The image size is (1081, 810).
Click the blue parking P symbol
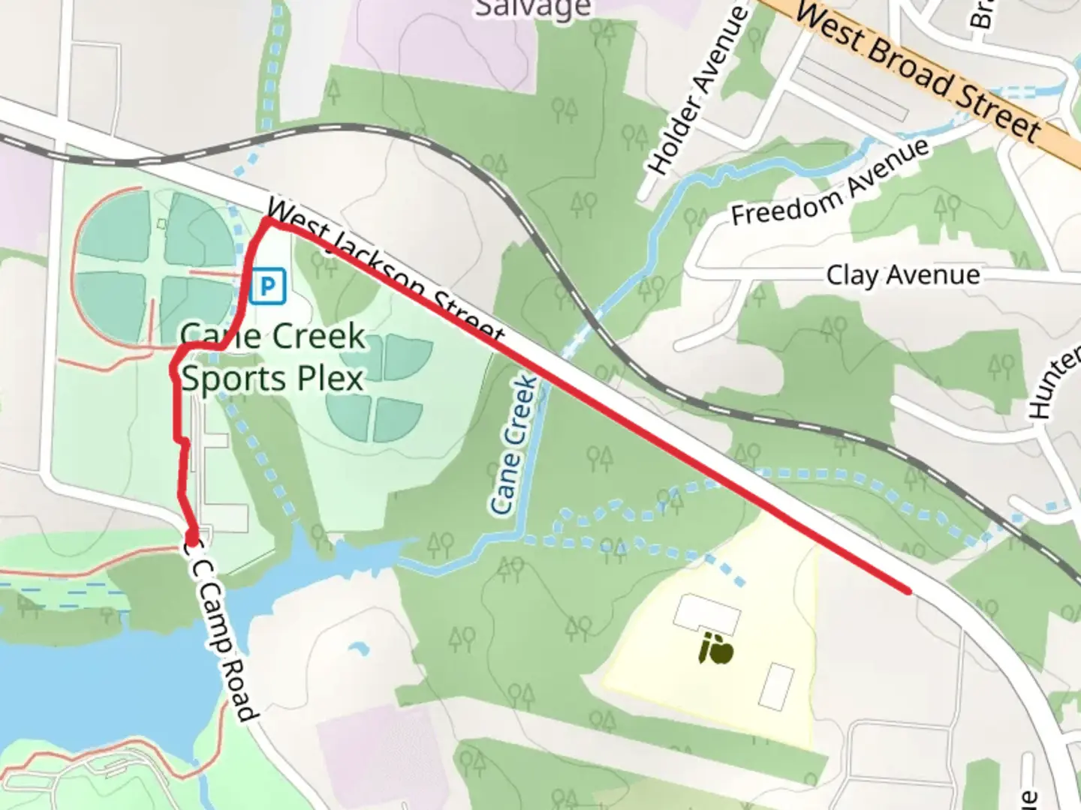click(268, 286)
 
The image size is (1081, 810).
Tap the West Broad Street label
click(918, 72)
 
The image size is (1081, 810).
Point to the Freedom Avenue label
click(830, 184)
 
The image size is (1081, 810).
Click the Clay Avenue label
click(903, 275)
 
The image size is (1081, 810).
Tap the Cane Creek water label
click(514, 445)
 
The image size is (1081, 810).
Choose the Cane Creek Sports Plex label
click(273, 357)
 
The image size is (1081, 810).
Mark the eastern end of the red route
click(909, 591)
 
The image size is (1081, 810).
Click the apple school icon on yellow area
click(715, 649)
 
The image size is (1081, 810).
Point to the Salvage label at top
click(533, 9)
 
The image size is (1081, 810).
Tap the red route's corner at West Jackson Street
click(266, 223)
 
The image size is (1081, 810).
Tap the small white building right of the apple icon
click(776, 686)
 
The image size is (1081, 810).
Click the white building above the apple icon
click(706, 613)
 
